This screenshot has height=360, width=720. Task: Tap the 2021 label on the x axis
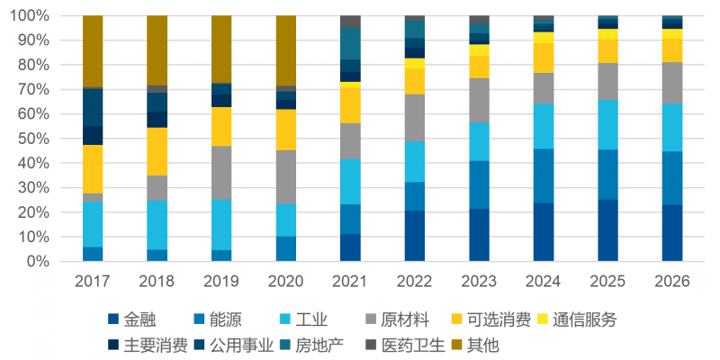350,281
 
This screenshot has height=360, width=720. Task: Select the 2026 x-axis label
672,281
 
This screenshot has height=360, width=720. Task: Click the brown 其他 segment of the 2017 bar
93,51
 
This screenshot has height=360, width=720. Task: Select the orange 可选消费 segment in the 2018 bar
157,151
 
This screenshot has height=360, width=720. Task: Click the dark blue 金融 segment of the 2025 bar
608,230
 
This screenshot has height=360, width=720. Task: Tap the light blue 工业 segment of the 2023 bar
480,141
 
